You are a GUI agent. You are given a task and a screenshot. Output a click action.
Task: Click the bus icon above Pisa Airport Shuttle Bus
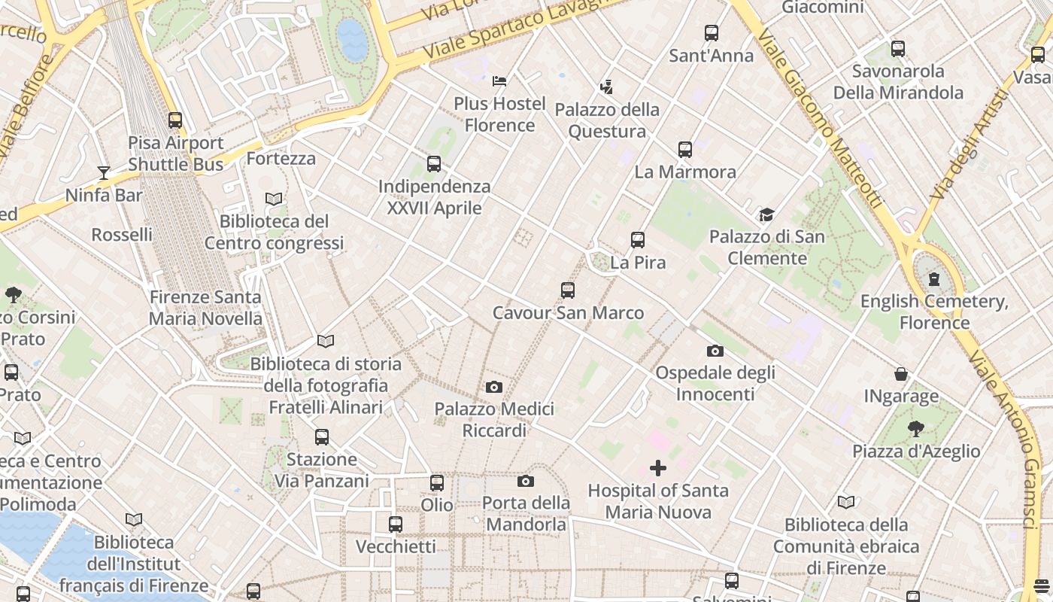175,120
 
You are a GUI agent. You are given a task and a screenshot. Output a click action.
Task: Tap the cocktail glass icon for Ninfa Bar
104,173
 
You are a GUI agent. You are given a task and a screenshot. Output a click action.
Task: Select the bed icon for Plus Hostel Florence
499,81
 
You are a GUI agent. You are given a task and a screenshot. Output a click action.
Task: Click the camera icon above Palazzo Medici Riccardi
493,388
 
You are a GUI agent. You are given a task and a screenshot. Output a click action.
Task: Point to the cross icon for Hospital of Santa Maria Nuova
658,469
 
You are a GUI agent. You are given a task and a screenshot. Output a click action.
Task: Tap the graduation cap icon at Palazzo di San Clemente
766,215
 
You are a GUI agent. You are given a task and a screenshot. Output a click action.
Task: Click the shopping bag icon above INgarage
900,374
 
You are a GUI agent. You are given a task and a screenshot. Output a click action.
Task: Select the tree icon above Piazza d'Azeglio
915,429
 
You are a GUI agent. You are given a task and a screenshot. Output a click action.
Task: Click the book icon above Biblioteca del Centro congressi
274,199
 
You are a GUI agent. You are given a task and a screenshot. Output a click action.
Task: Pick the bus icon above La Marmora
684,150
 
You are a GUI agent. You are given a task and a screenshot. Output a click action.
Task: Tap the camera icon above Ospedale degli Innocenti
715,351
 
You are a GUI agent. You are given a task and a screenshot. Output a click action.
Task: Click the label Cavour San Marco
568,313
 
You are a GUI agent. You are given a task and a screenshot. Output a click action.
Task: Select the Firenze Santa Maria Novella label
205,308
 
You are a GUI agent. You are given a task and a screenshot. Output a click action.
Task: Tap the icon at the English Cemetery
934,280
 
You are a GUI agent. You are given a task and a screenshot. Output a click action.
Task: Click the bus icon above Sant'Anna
711,33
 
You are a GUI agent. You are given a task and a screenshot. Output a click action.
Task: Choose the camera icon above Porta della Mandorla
525,482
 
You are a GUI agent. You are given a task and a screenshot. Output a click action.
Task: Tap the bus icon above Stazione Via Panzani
322,437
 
